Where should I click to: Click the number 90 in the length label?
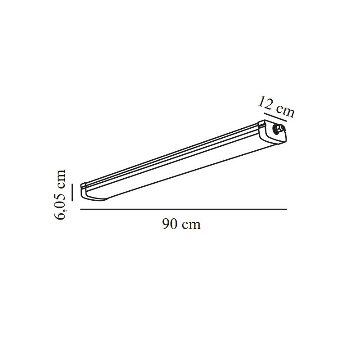(170, 224)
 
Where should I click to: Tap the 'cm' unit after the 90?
(191, 225)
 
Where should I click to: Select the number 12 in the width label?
(265, 103)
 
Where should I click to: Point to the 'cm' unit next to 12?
(285, 112)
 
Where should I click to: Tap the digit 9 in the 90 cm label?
(166, 224)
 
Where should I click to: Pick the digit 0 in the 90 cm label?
(174, 224)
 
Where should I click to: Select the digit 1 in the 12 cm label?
(262, 102)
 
